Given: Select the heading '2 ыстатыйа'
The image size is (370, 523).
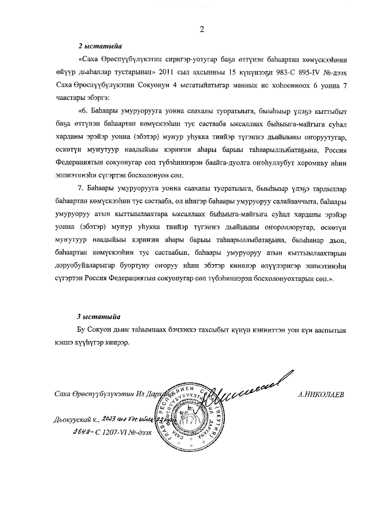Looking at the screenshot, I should pos(99,46).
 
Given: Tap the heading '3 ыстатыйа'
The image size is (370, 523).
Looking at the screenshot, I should pos(99,316).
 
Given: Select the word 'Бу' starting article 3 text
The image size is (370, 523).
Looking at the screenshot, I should pos(84,330).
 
